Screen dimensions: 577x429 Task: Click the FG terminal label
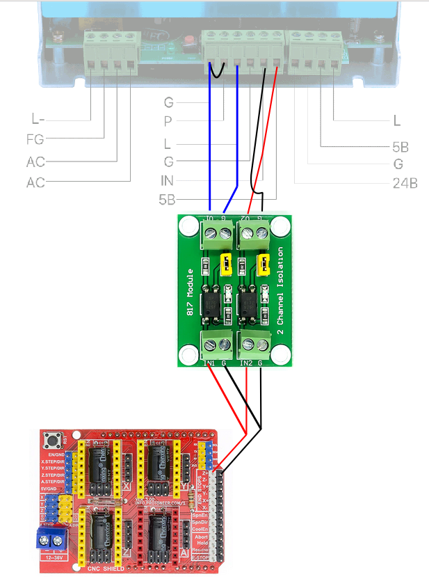pos(35,139)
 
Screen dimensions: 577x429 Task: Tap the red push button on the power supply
pos(188,40)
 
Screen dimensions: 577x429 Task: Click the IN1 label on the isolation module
pos(208,363)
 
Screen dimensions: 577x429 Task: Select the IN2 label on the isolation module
pos(245,363)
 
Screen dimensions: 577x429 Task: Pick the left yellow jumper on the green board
pos(225,264)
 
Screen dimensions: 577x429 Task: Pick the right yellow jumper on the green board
pos(263,264)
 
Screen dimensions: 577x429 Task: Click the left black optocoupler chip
pos(211,304)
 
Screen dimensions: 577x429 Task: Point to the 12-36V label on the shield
pos(53,558)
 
